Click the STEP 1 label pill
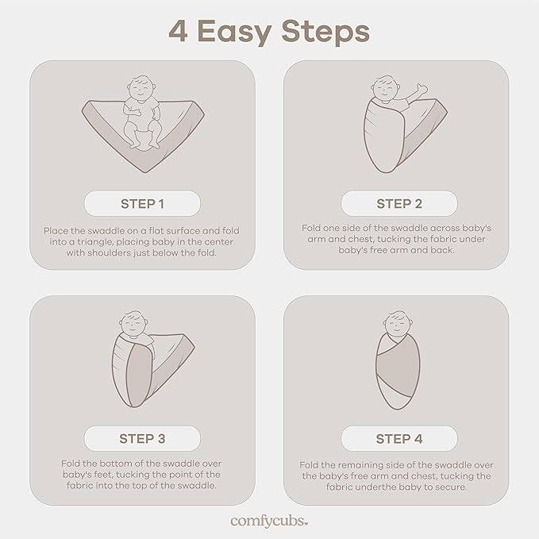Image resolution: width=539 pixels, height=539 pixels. click(x=142, y=203)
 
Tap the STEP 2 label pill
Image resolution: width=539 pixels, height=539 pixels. click(x=399, y=203)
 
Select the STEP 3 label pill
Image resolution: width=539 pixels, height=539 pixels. click(x=142, y=439)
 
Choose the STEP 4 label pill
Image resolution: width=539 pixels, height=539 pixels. click(x=399, y=439)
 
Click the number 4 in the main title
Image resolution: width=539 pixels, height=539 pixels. click(x=178, y=31)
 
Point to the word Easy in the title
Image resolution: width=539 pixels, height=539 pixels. click(x=234, y=33)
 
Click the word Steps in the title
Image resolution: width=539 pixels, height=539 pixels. click(x=325, y=33)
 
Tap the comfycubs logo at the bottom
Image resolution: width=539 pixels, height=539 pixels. click(x=269, y=522)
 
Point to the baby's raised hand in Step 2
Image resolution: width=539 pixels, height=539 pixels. click(x=422, y=89)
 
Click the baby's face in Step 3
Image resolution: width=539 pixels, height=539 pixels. click(x=133, y=324)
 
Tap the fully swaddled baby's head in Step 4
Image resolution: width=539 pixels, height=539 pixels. click(x=398, y=322)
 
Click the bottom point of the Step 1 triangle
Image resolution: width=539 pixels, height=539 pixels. click(x=146, y=172)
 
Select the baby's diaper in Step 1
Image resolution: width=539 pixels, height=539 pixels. click(x=141, y=138)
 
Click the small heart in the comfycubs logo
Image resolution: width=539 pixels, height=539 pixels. click(x=306, y=524)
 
